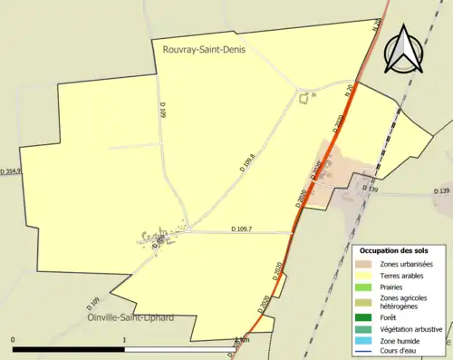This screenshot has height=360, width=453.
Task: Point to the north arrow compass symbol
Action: (x=404, y=48)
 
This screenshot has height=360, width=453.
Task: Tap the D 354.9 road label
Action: (x=11, y=170)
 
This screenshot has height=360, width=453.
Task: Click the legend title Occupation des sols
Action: (x=400, y=249)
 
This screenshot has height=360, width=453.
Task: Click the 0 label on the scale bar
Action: (x=14, y=340)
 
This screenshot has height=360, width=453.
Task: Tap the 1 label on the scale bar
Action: (x=124, y=340)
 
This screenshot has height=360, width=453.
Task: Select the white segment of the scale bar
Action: (x=179, y=349)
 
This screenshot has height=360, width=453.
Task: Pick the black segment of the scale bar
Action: (x=69, y=349)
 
